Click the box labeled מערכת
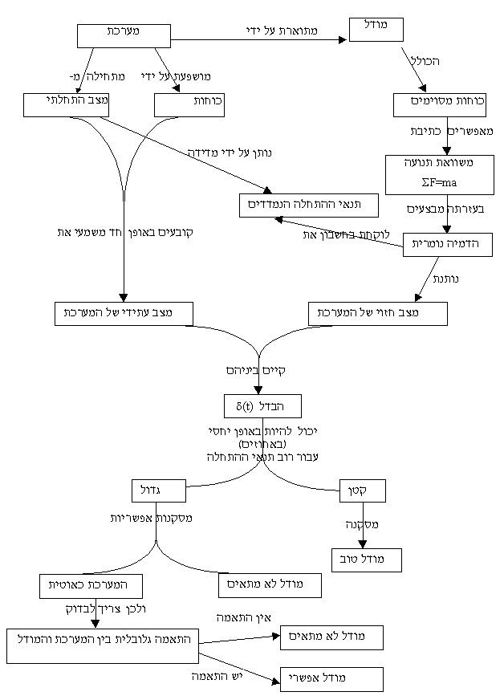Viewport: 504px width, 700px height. [124, 35]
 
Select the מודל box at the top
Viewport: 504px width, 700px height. [376, 29]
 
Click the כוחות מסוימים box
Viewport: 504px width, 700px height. [440, 105]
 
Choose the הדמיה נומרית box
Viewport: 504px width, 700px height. [447, 244]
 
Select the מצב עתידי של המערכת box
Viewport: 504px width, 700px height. [124, 313]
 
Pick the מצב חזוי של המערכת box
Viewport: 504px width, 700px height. [378, 313]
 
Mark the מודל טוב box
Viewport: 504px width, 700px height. [367, 560]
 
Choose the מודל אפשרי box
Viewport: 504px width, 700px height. [331, 679]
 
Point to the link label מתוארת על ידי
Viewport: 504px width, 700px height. [282, 31]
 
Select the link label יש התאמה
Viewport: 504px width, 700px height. [217, 676]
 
